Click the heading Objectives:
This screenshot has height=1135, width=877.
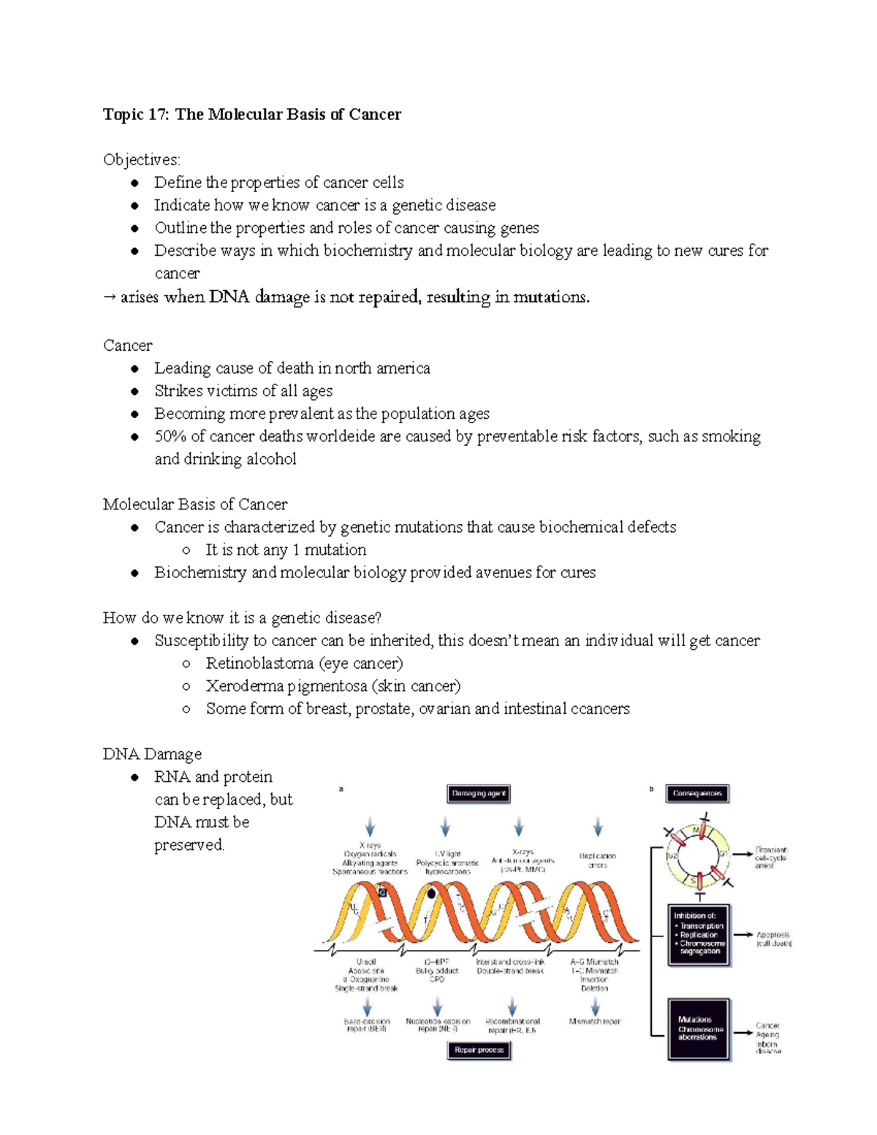(141, 159)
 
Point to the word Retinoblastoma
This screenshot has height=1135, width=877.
(259, 664)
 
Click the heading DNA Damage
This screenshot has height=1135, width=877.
(152, 754)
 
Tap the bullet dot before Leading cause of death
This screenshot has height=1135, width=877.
(134, 368)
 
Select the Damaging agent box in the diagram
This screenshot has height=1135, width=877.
(479, 794)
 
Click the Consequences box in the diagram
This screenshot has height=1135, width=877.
(697, 794)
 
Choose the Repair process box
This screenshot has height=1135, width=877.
(479, 1050)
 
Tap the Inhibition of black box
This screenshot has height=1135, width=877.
(699, 935)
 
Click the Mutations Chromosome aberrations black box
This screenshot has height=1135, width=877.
(699, 1028)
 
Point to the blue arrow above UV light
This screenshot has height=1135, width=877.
(445, 828)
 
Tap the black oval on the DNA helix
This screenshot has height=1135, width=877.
(432, 893)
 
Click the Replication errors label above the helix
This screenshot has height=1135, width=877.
(598, 860)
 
